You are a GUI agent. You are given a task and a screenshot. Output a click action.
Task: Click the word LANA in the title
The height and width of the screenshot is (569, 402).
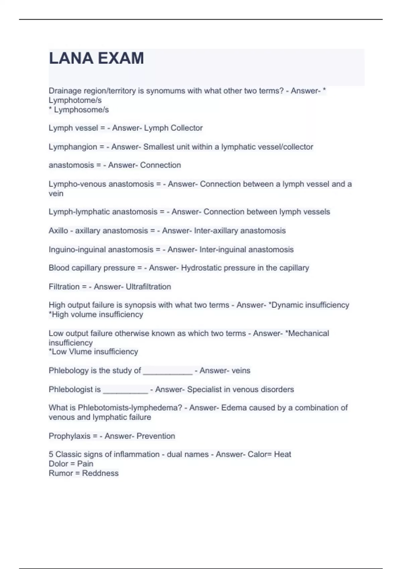71,58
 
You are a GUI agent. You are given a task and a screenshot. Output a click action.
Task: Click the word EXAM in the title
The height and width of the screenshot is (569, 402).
121,58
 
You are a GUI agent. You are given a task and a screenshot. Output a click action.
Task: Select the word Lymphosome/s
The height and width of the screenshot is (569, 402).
81,110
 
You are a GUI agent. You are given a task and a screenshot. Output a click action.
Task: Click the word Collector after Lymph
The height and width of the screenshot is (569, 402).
187,128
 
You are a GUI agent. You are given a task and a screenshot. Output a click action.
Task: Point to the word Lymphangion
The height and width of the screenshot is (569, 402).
73,147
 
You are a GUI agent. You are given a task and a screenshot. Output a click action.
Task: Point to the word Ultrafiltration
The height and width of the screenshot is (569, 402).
148,287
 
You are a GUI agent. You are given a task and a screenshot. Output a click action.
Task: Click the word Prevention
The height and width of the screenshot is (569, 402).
156,436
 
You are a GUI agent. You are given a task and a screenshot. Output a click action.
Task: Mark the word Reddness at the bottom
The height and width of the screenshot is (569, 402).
100,473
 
